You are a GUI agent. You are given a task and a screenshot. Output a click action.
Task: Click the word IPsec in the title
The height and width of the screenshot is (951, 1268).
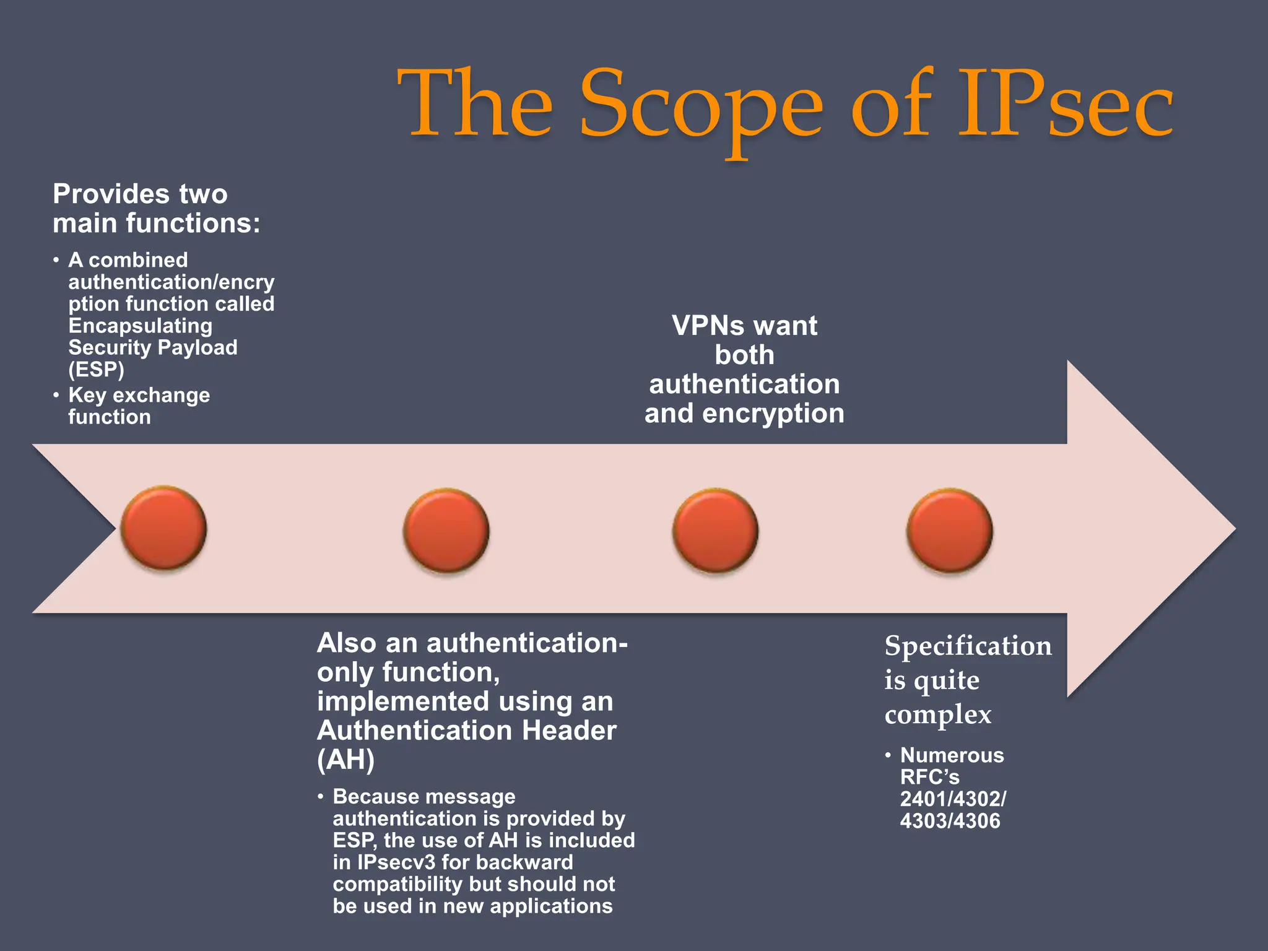(1065, 104)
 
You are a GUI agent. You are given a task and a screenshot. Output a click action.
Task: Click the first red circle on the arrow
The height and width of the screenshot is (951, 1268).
(163, 528)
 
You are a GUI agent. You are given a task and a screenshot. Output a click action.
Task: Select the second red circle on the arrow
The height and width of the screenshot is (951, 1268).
(446, 530)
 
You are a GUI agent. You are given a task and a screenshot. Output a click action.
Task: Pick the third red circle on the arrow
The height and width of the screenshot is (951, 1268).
(715, 530)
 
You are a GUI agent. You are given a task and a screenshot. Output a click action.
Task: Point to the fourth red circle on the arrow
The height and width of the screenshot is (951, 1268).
(950, 530)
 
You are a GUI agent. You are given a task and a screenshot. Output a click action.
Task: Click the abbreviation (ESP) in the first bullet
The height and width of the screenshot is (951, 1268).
(96, 370)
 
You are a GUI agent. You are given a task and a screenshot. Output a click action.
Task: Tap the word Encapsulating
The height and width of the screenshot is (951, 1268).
(141, 326)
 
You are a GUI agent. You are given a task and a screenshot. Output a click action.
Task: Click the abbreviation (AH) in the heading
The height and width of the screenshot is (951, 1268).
(345, 760)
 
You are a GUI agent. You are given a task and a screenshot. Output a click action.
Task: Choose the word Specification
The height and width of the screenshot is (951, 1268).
(968, 646)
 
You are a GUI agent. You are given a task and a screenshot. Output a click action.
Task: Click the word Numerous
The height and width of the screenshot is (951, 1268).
(952, 755)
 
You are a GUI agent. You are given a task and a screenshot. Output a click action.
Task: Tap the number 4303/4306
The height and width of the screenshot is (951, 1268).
(950, 821)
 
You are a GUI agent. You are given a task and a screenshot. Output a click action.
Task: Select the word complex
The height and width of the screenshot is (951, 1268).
(937, 715)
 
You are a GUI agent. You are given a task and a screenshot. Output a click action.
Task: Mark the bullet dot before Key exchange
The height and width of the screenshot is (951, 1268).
(56, 394)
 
